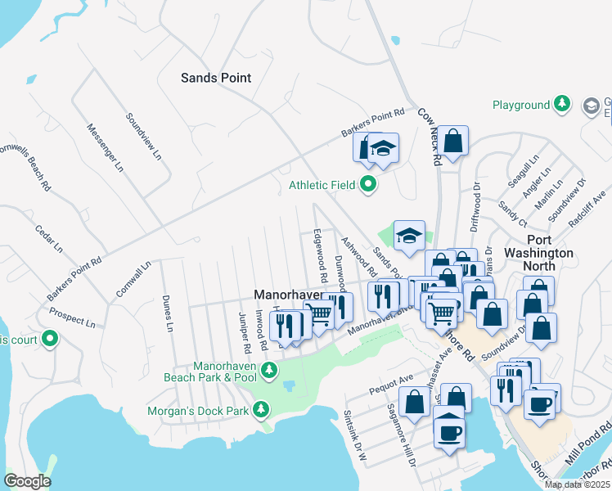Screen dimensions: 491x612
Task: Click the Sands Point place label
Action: tap(215, 78)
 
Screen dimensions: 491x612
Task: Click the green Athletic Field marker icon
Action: tap(367, 185)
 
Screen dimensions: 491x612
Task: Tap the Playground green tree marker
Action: tap(562, 105)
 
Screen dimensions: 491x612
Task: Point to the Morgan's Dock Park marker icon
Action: tap(261, 408)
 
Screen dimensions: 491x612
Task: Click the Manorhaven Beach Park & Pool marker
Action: tap(268, 372)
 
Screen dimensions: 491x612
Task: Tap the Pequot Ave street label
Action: tap(391, 381)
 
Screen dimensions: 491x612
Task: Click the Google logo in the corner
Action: tap(27, 481)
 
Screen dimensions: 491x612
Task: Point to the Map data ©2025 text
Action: tap(577, 484)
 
